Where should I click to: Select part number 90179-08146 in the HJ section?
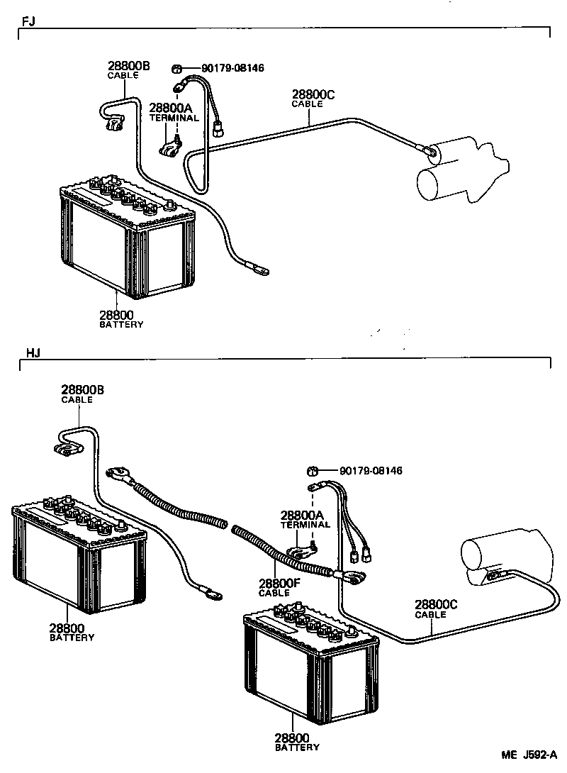[x=371, y=471]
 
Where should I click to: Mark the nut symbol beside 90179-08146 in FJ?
[x=176, y=69]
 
